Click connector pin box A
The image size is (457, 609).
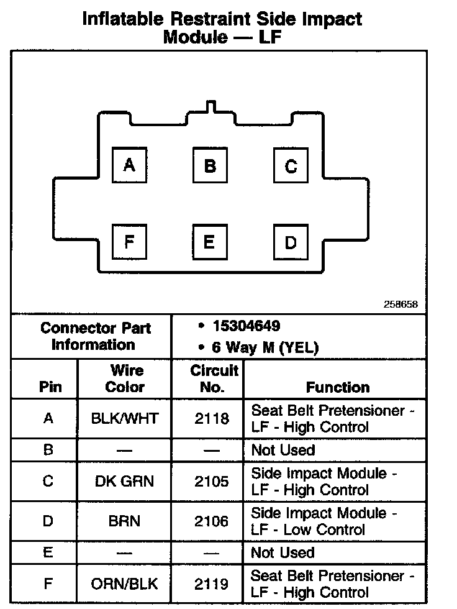click(x=130, y=165)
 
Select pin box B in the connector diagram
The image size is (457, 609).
click(x=210, y=166)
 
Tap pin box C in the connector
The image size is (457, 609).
click(x=291, y=166)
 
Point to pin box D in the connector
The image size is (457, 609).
click(x=291, y=242)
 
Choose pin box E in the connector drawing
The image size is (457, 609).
click(x=210, y=241)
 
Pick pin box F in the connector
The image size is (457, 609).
click(x=129, y=241)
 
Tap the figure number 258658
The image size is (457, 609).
click(x=400, y=305)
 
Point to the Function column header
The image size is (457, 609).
click(x=338, y=387)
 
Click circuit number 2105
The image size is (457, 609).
click(x=211, y=481)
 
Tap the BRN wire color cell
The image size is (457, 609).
click(x=124, y=521)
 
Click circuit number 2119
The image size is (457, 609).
click(x=211, y=584)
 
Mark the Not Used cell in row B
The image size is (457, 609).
click(x=283, y=449)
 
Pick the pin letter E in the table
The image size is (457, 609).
click(x=48, y=552)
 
